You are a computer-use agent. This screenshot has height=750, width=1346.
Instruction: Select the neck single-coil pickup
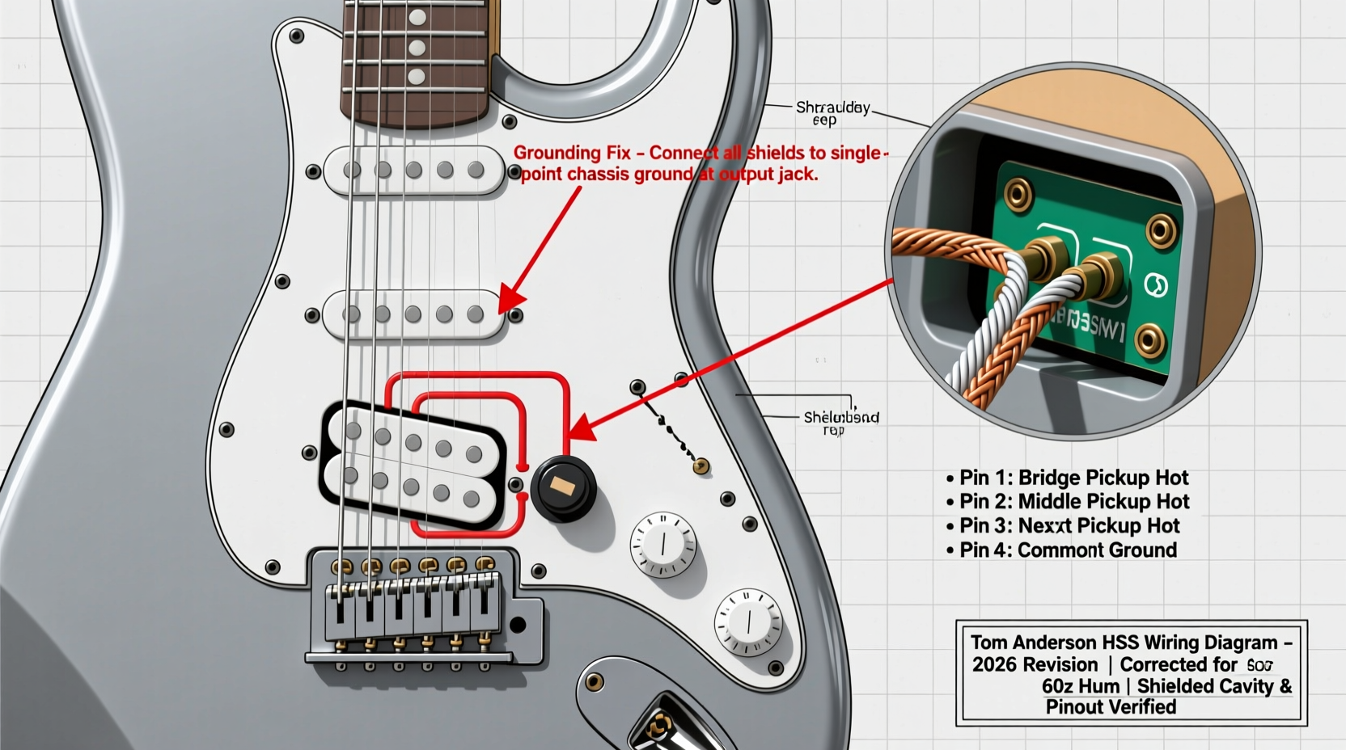(414, 171)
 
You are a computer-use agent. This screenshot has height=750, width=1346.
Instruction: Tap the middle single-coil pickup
(414, 314)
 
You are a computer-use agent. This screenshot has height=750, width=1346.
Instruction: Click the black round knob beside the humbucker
(563, 487)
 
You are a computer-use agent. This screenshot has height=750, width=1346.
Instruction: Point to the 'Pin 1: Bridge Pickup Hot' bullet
(1067, 478)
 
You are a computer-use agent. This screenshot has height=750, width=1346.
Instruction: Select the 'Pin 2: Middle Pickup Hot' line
(1067, 502)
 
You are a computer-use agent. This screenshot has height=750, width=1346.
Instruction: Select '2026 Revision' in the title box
(1035, 665)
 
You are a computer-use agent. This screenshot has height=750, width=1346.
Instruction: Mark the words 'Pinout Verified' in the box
(1111, 707)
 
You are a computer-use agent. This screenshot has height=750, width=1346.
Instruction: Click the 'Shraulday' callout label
(832, 107)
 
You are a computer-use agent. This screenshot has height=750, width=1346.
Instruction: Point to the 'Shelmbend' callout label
(840, 418)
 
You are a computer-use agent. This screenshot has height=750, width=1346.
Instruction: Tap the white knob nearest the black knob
(663, 544)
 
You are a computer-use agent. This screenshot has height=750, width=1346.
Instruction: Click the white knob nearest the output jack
(748, 621)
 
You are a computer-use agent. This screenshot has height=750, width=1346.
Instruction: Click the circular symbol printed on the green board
(1156, 284)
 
